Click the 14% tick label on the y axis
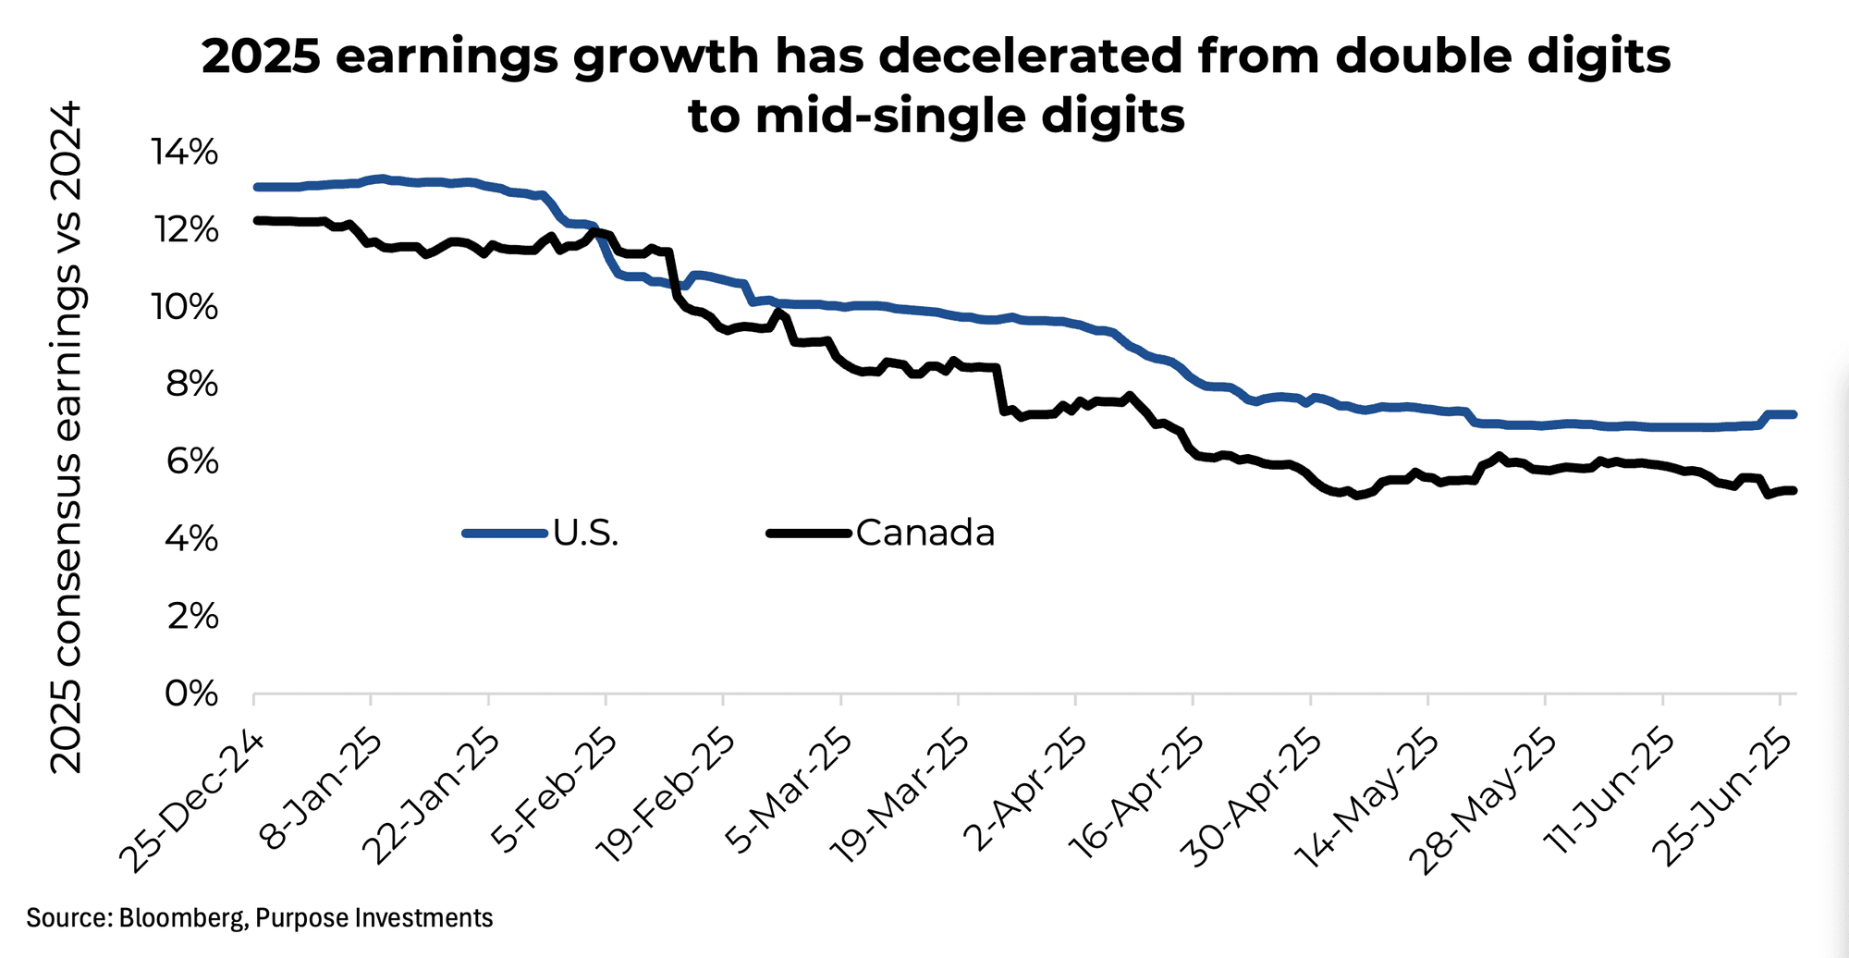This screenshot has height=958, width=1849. [x=185, y=153]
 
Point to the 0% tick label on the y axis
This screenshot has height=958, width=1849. [x=191, y=694]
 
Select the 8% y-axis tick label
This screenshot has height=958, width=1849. [x=191, y=384]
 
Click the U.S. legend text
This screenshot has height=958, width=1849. [x=585, y=533]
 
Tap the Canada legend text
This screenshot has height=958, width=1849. [x=924, y=533]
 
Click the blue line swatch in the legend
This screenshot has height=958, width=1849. [x=504, y=533]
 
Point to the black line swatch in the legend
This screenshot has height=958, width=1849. [x=808, y=533]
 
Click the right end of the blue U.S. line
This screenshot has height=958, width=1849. [x=1794, y=414]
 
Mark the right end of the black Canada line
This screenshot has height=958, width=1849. [x=1794, y=490]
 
